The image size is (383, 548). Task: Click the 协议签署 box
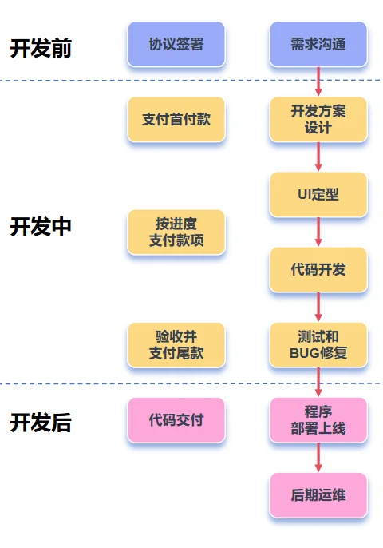(176, 44)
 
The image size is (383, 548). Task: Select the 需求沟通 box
(318, 44)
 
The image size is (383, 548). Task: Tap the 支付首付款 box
(176, 119)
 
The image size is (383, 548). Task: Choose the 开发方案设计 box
(318, 119)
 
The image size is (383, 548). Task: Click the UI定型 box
(318, 194)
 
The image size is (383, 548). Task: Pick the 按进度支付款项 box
(176, 232)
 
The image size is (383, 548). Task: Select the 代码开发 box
(318, 269)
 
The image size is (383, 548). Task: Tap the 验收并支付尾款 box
(176, 344)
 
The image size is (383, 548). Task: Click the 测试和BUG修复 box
(318, 344)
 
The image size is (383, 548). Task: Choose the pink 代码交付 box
(176, 419)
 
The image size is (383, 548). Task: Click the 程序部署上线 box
(318, 419)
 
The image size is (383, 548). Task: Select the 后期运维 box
(318, 495)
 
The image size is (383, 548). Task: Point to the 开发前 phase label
(41, 48)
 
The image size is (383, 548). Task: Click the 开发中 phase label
(41, 227)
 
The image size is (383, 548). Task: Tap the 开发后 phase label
(41, 423)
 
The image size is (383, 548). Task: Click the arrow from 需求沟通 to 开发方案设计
(318, 81)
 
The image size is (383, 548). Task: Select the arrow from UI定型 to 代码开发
(318, 232)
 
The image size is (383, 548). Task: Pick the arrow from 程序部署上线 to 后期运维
(318, 457)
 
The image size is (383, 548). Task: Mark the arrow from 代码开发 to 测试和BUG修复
(318, 307)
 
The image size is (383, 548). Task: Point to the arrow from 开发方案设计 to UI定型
(318, 157)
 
